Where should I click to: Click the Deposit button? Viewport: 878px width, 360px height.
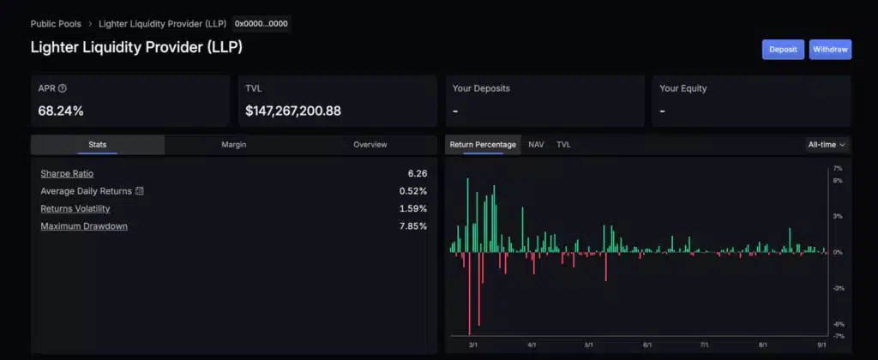783,50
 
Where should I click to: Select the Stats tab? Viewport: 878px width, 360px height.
97,145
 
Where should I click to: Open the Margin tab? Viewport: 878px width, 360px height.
233,145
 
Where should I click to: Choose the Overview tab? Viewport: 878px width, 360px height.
370,145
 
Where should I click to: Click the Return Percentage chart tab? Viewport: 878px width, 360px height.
483,145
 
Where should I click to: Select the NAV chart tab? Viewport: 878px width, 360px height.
536,145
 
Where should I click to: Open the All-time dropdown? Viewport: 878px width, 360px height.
827,145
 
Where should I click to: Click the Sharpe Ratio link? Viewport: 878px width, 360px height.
67,174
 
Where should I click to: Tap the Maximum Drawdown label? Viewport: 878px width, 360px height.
84,226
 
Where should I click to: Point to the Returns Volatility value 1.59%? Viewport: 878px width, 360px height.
413,208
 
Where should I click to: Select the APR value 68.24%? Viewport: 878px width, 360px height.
61,111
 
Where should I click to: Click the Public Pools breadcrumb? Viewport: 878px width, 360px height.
56,24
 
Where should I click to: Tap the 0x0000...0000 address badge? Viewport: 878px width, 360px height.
262,24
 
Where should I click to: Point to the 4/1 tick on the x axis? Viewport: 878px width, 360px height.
532,345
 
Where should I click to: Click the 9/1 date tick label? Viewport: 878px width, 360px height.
821,345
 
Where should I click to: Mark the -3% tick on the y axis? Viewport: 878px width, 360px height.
839,288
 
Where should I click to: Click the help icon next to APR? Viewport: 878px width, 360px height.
62,88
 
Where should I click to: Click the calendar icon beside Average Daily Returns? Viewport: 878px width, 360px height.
140,191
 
